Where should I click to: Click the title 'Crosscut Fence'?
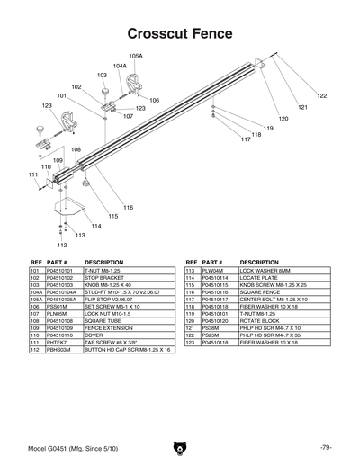(180, 33)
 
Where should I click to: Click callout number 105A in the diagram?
(136, 56)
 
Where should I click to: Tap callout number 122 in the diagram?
(321, 95)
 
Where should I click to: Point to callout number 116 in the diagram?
(128, 208)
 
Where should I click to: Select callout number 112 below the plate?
(61, 245)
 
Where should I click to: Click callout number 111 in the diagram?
(32, 174)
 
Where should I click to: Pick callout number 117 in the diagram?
(245, 140)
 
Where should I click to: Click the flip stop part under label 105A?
(139, 83)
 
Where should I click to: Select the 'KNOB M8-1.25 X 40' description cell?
(112, 284)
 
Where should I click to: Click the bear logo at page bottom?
(179, 447)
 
